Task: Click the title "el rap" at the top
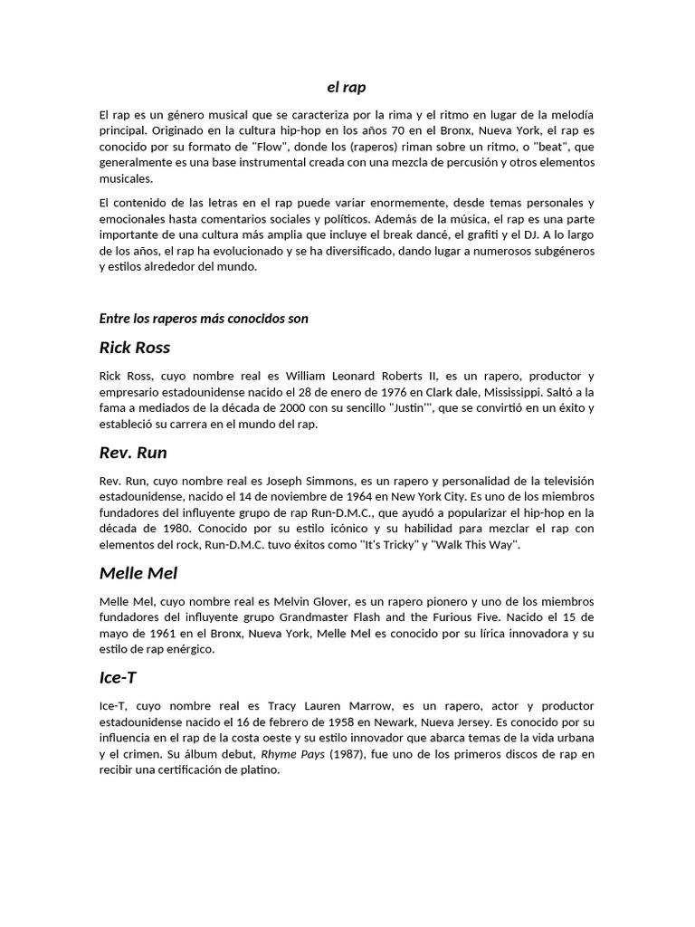click(347, 88)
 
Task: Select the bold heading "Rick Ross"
click(134, 348)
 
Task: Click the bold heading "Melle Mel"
click(138, 573)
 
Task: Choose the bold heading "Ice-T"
click(118, 677)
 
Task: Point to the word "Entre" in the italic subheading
click(115, 318)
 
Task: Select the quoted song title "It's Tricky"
click(392, 544)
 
